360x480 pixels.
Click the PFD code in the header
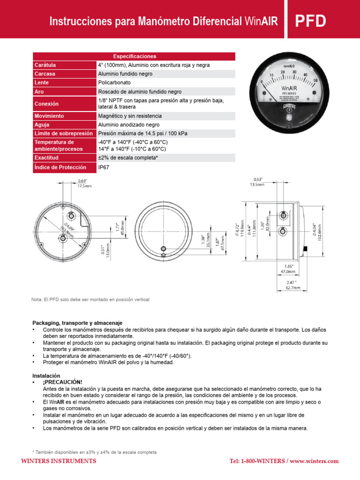pos(310,22)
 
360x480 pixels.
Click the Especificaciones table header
pos(134,56)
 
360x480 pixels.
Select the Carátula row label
pos(45,65)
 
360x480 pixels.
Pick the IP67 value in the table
pos(104,167)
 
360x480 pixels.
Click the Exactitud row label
pos(47,158)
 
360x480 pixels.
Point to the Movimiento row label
pos(49,116)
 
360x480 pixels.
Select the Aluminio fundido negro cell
pos(125,74)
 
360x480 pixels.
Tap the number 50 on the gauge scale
pos(315,81)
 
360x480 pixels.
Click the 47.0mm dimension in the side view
pos(287,271)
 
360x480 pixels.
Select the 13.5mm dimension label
pos(257,185)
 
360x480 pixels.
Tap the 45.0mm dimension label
pos(123,228)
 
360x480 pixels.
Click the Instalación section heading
pos(46,376)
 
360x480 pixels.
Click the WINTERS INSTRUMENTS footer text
pos(59,461)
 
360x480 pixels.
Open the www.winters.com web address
pos(314,461)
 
